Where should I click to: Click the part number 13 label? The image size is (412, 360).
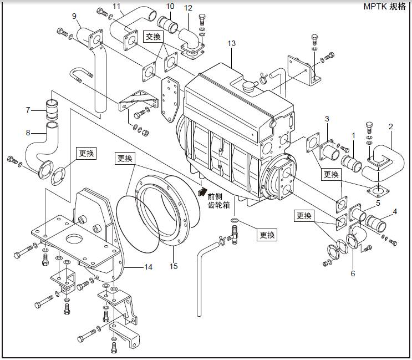pos(231,43)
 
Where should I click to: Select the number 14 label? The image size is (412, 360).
pos(148,267)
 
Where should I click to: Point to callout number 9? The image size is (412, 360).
pos(74,16)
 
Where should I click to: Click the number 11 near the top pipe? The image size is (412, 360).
pos(116,7)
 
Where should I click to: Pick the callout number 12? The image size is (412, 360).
pos(189,8)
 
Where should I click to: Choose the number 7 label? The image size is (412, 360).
pos(28,110)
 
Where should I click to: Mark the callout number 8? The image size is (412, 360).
pos(28,132)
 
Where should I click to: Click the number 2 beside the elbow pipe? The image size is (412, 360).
pos(390,126)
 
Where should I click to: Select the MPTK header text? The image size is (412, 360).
pos(385,7)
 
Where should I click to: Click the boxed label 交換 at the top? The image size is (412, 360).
pos(153,37)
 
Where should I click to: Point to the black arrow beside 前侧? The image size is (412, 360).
pos(200,191)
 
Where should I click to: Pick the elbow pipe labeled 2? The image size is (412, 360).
pos(382,153)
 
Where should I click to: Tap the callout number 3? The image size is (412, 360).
pos(327,119)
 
